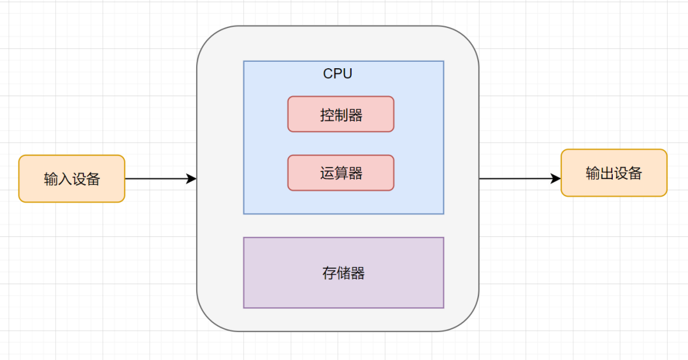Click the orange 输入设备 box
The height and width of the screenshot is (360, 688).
pos(71,178)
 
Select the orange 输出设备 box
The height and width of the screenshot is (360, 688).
pos(613,173)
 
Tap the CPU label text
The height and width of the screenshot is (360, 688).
pos(338,74)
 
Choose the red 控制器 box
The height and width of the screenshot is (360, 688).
pos(341,114)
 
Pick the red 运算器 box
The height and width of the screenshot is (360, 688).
pos(341,173)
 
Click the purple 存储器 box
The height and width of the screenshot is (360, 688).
pos(343,273)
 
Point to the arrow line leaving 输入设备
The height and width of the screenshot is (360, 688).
pos(156,179)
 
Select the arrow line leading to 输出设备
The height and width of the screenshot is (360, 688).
pos(516,179)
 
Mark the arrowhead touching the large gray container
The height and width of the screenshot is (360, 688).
pos(191,179)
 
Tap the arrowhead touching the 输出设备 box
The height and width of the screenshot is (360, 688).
pos(556,179)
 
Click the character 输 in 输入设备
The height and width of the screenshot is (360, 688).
pos(51,179)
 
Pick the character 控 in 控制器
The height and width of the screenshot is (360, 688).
pos(327,115)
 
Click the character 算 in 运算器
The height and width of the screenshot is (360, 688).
pos(341,173)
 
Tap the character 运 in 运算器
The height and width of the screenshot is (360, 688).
pos(327,173)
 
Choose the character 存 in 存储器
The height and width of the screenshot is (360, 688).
pos(329,273)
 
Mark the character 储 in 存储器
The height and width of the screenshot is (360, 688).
pos(343,273)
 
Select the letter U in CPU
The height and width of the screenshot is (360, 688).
pos(347,74)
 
